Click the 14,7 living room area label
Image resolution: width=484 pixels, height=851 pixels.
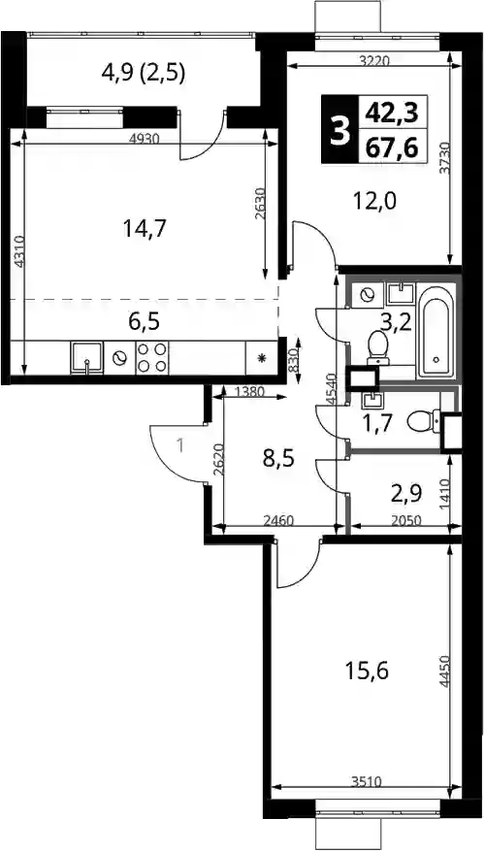[x=145, y=230]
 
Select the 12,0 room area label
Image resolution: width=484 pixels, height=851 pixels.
[x=375, y=202]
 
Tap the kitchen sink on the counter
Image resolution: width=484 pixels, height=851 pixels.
[x=86, y=358]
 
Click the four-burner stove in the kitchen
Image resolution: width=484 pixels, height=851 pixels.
[x=152, y=358]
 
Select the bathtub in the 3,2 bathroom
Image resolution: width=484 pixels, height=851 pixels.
[x=436, y=332]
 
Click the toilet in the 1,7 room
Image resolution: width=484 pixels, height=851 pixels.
[x=424, y=421]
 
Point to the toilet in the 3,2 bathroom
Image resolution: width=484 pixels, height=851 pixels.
[x=377, y=347]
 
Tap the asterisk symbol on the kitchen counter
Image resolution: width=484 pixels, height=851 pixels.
[x=263, y=358]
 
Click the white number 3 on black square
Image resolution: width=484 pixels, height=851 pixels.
[x=340, y=130]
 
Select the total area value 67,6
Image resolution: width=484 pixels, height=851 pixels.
[x=392, y=147]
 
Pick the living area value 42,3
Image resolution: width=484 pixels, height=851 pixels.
[x=392, y=113]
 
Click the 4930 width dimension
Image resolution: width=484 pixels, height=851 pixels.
[x=145, y=138]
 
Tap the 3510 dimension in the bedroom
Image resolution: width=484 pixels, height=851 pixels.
[x=367, y=782]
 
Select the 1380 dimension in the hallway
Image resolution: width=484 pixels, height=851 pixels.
[x=250, y=391]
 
